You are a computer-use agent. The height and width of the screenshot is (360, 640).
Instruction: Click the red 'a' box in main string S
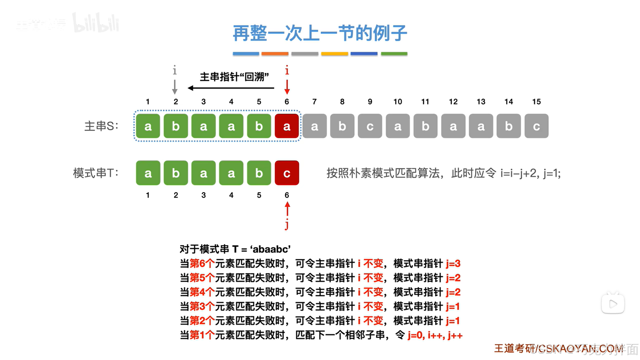point(286,126)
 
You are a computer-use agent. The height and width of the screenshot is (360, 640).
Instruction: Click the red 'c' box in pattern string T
point(286,173)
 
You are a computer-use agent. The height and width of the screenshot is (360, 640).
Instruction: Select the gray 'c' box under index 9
point(370,126)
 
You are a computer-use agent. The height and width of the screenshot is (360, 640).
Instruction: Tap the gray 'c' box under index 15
point(536,126)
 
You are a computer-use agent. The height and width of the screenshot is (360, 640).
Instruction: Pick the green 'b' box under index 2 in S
point(176,126)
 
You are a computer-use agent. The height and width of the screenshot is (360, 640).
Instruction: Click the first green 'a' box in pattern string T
point(148,173)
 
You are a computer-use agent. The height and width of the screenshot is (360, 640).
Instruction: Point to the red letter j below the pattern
point(286,224)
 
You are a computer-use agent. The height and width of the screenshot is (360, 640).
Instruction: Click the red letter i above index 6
point(287,70)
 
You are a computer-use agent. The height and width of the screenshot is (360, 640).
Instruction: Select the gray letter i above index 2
point(174,70)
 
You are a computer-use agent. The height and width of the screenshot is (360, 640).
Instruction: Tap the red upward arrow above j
point(287,209)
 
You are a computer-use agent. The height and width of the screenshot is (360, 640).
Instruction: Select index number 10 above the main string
point(398,102)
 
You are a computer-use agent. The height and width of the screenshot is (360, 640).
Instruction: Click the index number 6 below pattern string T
point(286,195)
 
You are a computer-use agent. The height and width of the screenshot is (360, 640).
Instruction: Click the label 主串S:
point(101,126)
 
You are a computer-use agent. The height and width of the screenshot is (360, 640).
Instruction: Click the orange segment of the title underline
point(275,53)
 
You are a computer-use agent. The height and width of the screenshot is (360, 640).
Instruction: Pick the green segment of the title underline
point(394,53)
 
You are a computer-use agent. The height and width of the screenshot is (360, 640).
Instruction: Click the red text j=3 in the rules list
point(453,264)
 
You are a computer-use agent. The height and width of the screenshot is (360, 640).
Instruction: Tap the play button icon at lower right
point(613,304)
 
